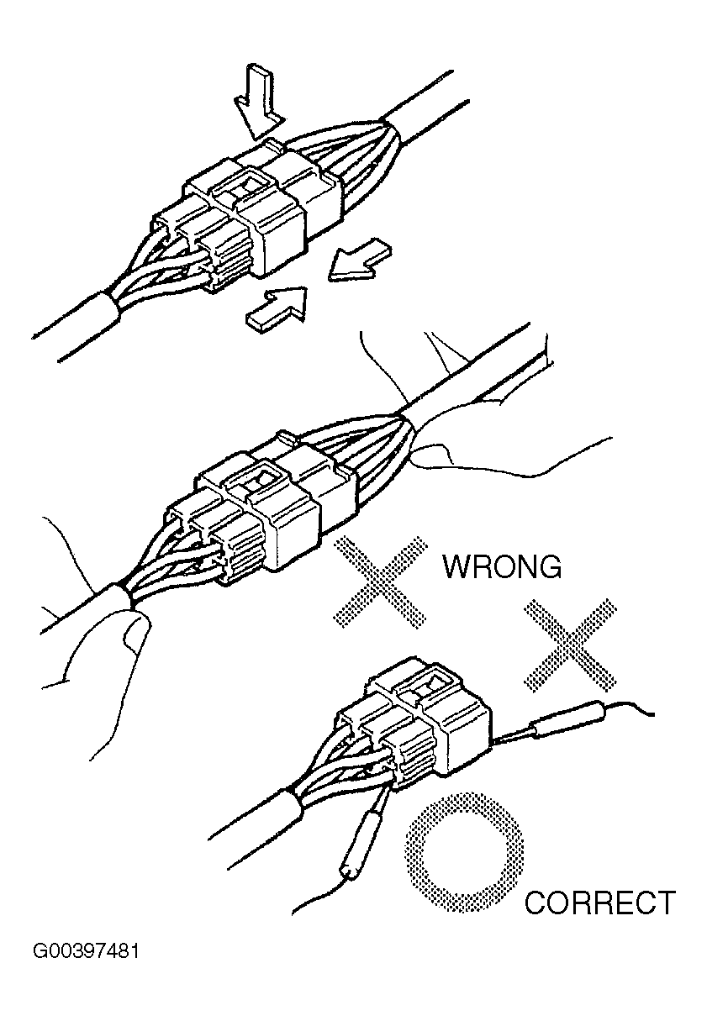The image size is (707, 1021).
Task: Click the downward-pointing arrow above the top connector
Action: [257, 102]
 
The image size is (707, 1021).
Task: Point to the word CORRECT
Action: [599, 903]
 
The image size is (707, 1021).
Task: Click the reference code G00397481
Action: [86, 952]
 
